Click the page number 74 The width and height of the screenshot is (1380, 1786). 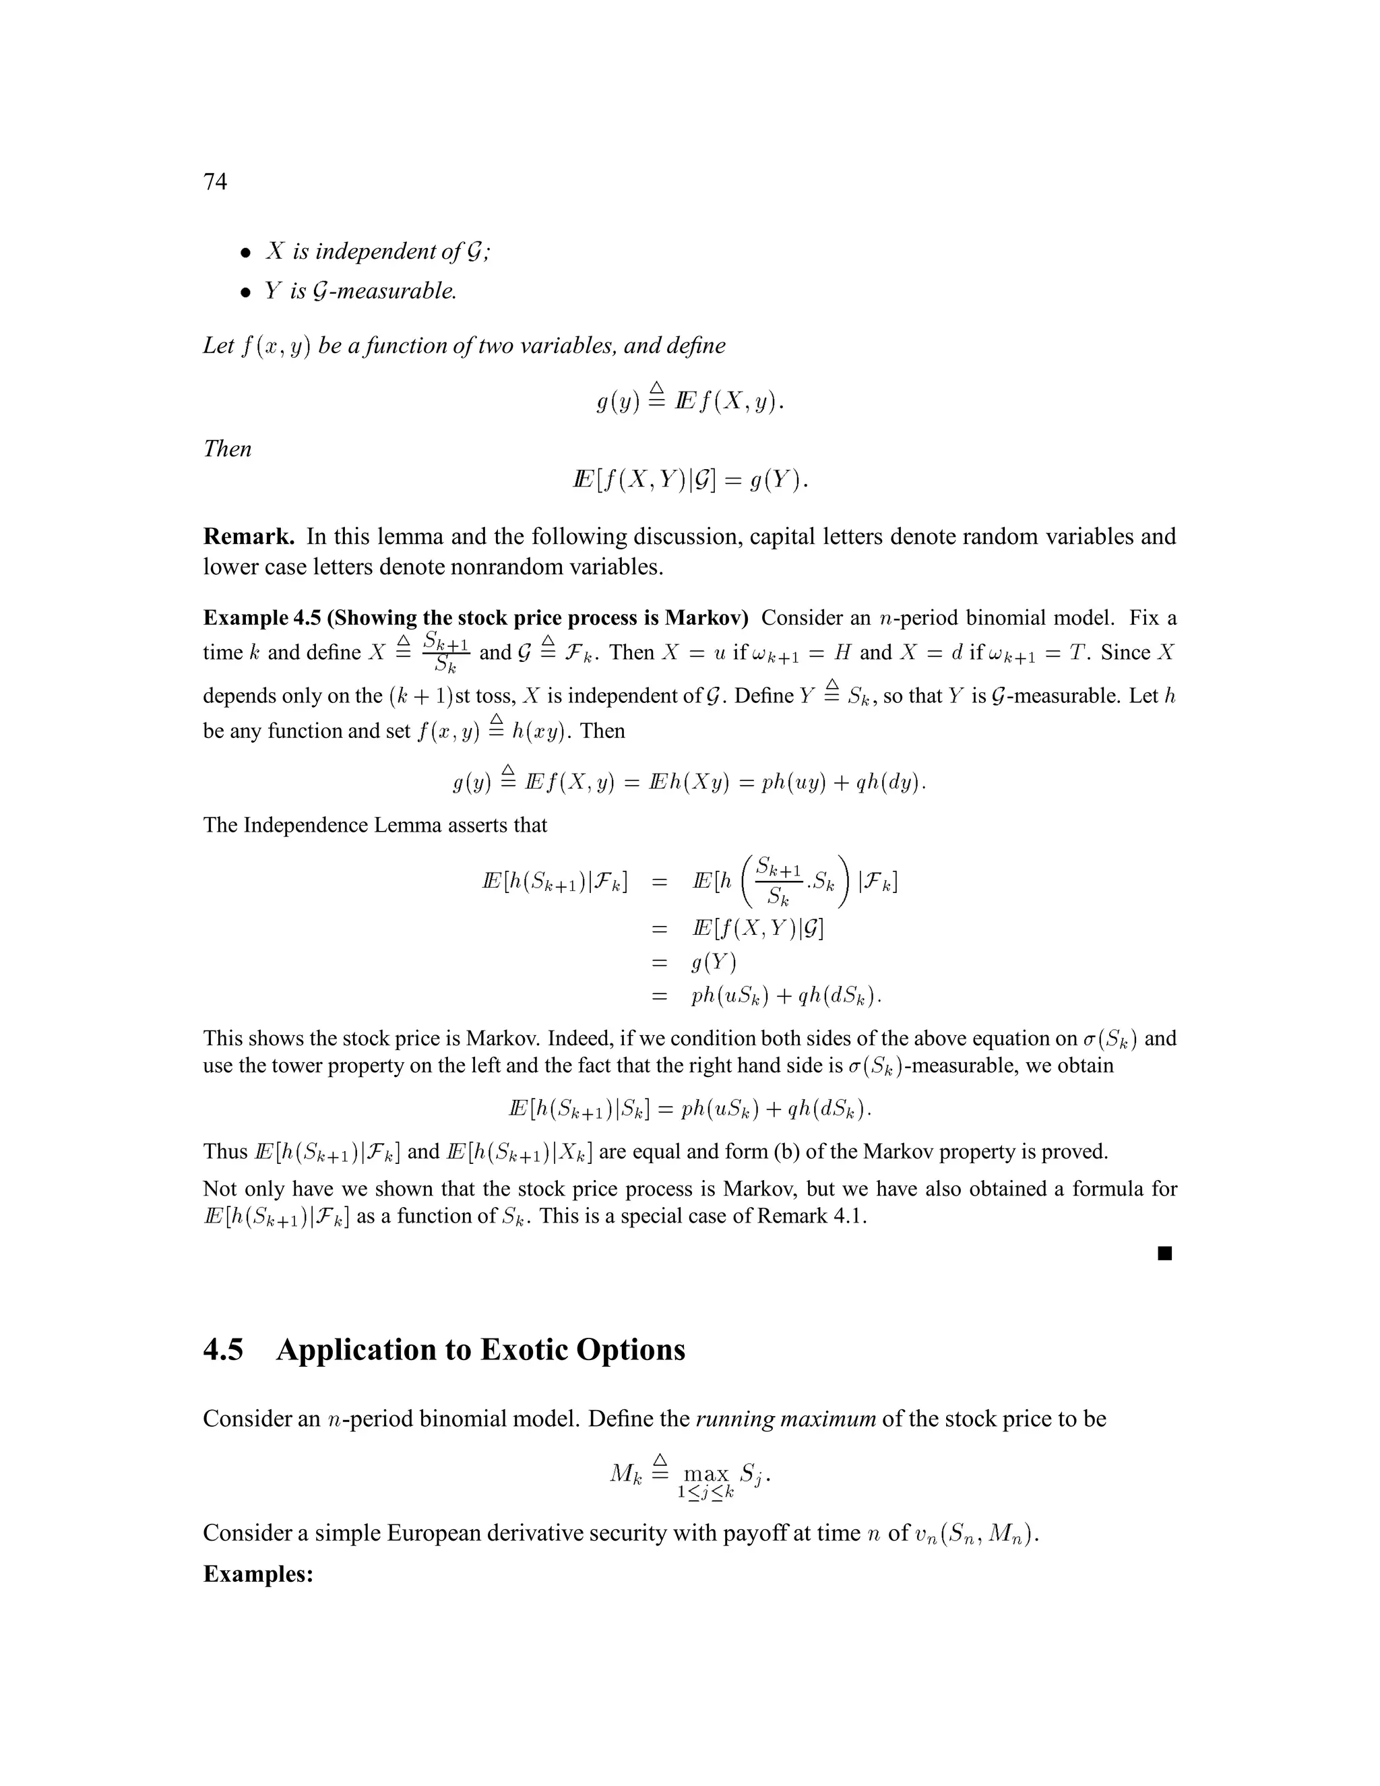(215, 181)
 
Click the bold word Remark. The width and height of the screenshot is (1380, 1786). (249, 537)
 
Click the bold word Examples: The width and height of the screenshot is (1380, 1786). (258, 1574)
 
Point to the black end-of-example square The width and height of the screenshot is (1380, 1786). (1165, 1254)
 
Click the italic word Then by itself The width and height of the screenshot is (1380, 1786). (227, 449)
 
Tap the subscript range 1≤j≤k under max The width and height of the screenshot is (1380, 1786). (705, 1492)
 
